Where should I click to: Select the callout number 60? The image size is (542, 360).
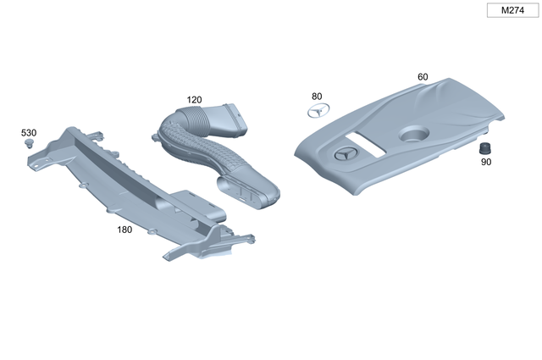[x=423, y=77]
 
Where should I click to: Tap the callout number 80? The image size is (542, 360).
[x=317, y=96]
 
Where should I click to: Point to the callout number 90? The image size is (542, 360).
[x=486, y=162]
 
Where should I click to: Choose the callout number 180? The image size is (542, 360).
[x=125, y=229]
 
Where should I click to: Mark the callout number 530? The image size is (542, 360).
[x=29, y=132]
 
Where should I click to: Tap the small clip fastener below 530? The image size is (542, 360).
[x=30, y=145]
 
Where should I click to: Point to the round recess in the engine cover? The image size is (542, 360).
[x=412, y=133]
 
